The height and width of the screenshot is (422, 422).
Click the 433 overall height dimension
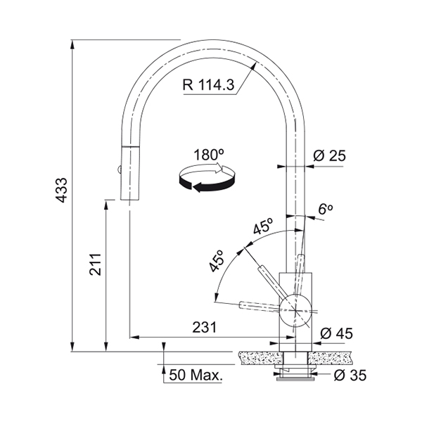62,190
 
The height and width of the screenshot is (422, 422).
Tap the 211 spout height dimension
95,264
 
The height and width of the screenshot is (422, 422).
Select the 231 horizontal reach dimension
204,327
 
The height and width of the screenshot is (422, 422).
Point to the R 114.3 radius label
209,84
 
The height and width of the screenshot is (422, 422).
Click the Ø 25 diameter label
329,155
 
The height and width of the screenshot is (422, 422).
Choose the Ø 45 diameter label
336,333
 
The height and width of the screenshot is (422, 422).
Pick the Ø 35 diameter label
350,375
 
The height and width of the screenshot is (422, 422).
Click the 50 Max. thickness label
196,375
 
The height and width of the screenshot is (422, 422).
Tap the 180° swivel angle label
209,155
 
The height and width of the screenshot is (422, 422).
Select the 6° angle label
326,209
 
